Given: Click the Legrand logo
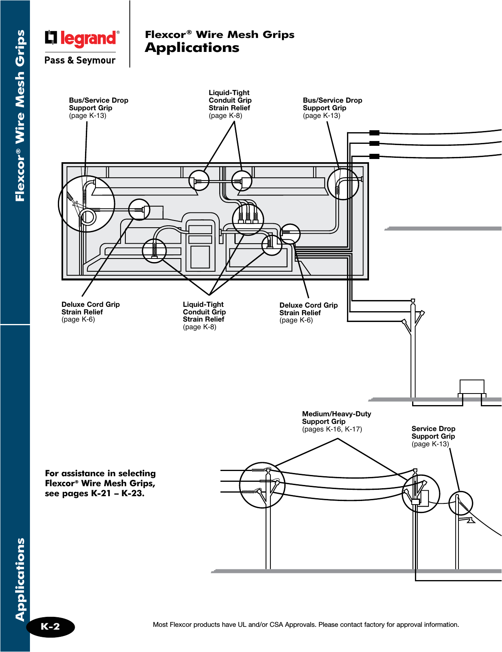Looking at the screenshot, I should click(x=82, y=38).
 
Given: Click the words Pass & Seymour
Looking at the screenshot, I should click(x=80, y=60).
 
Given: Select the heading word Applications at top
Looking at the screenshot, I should click(x=192, y=48).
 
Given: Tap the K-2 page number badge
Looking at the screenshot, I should click(x=50, y=626).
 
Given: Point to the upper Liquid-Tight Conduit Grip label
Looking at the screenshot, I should click(x=230, y=104).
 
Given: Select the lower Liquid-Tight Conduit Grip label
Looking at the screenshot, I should click(x=204, y=315).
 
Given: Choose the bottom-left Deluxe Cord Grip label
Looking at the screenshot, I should click(x=90, y=312).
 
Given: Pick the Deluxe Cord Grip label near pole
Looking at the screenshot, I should click(x=308, y=312).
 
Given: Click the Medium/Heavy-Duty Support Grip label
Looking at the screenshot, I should click(x=336, y=421).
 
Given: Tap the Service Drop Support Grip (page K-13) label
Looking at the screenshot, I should click(x=433, y=436).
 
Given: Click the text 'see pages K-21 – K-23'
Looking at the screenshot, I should click(x=95, y=493).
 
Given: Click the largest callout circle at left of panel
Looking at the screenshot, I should click(x=86, y=203).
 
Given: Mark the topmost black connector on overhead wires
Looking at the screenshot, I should click(x=374, y=133).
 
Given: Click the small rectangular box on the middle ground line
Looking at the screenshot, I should click(x=472, y=386).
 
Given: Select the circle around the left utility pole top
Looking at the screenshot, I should click(x=262, y=485).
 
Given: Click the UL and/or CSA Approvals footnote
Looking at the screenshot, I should click(x=306, y=624).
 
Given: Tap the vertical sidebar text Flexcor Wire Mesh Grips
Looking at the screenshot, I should click(x=20, y=116).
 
